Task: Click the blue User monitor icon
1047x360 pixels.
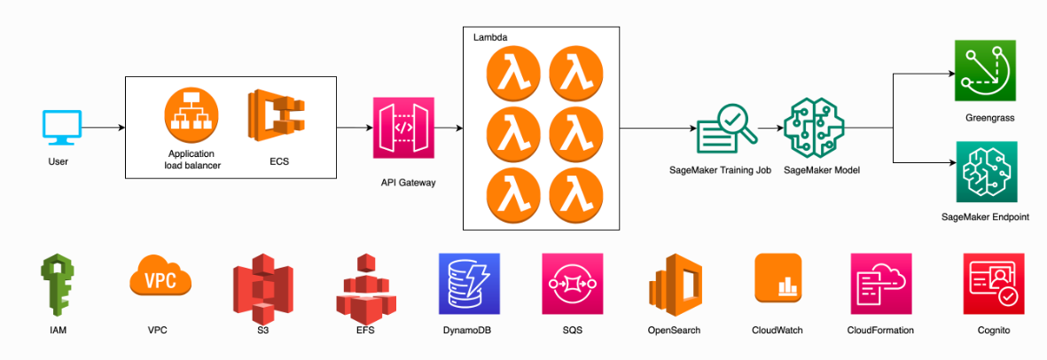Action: pyautogui.click(x=62, y=128)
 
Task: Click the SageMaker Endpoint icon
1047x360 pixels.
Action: pyautogui.click(x=985, y=172)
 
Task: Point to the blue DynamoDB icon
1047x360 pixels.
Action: pyautogui.click(x=469, y=285)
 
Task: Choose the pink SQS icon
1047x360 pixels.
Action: pyautogui.click(x=573, y=284)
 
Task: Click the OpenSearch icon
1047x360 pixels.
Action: pyautogui.click(x=675, y=285)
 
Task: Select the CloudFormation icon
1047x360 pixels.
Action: pyautogui.click(x=880, y=284)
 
